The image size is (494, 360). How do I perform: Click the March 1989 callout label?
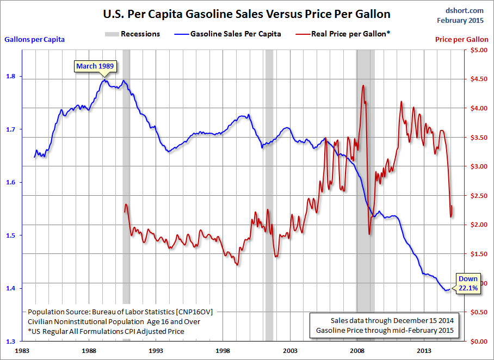pyautogui.click(x=95, y=66)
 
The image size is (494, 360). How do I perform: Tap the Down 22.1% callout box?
pyautogui.click(x=467, y=283)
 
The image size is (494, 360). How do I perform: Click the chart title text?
pyautogui.click(x=246, y=14)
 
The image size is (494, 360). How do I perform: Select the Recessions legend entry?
pyautogui.click(x=132, y=34)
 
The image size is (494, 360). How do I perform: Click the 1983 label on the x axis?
pyautogui.click(x=23, y=351)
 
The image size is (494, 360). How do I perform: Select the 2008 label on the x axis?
pyautogui.click(x=357, y=351)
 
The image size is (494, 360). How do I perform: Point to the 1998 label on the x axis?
pyautogui.click(x=224, y=351)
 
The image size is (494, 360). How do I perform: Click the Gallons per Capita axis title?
pyautogui.click(x=35, y=39)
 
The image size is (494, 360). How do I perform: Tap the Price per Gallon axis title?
pyautogui.click(x=462, y=40)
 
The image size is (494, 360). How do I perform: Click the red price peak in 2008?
pyautogui.click(x=362, y=85)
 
